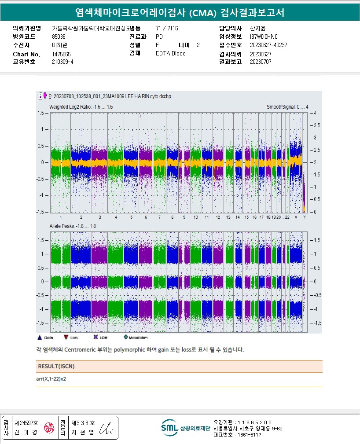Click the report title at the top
coord(180,13)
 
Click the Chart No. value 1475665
coord(61,54)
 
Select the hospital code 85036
coord(59,37)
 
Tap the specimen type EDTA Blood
coord(171,54)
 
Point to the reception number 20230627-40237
coord(268,45)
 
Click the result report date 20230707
coord(261,62)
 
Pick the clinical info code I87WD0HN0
coord(264,37)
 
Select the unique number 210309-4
coord(62,62)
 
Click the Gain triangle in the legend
coord(40,338)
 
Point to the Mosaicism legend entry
coord(125,338)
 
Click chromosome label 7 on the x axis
coord(160,217)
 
